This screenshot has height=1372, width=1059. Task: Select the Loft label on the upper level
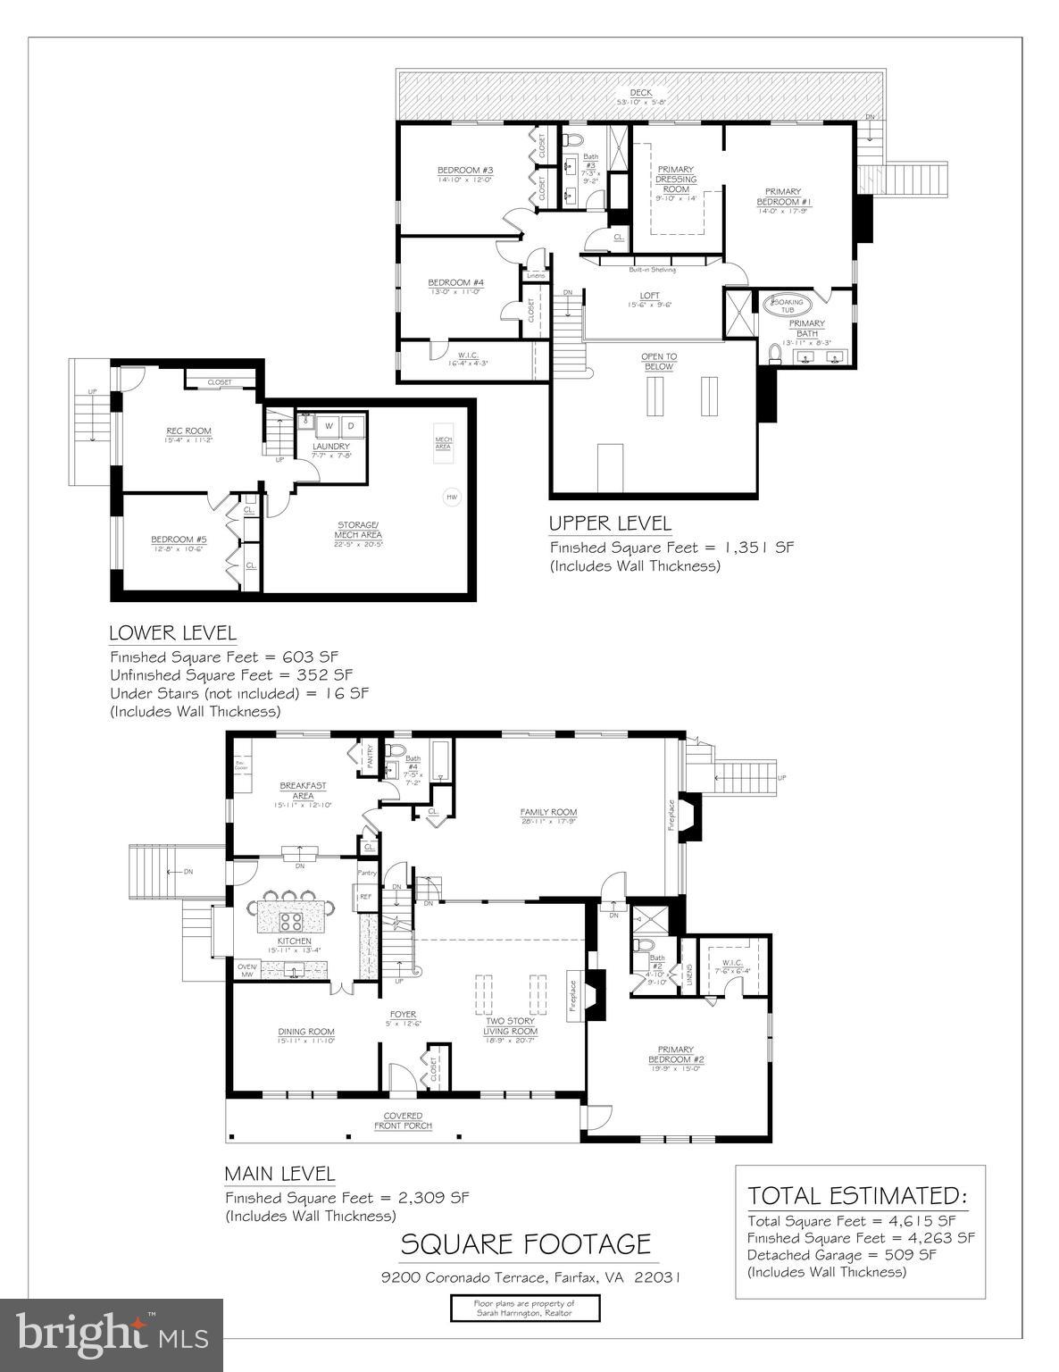pos(649,296)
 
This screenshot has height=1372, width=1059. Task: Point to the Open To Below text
pos(658,362)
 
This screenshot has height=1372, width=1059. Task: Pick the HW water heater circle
pos(451,497)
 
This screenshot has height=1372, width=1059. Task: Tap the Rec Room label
pos(188,431)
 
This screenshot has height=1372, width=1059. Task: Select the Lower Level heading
pos(172,633)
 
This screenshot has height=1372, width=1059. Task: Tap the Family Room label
pos(548,812)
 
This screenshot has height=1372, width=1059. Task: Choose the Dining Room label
pos(306,1032)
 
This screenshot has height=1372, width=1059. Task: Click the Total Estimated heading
pos(856,1195)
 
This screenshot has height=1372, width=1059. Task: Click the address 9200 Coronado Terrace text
pos(530,1277)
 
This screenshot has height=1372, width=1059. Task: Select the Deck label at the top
pos(640,93)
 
